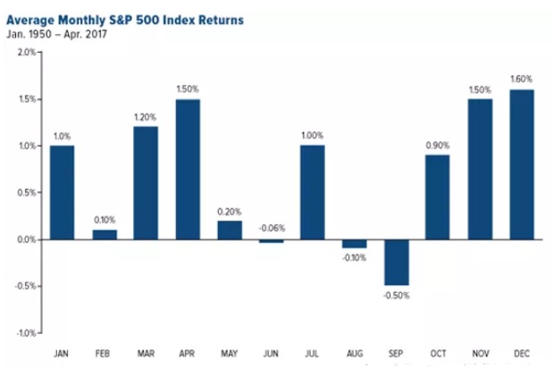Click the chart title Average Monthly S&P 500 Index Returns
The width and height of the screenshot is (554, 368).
pos(125,21)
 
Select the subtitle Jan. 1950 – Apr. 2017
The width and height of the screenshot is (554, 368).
pos(56,35)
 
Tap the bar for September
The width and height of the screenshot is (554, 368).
pos(397,263)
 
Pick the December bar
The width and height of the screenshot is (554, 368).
pos(522,165)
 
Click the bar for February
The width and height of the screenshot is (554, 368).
pos(105,235)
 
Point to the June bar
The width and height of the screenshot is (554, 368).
pos(272,241)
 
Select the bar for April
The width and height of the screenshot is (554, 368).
pos(188,170)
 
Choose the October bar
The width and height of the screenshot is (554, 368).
pos(438,197)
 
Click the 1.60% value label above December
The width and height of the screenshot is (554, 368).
pos(522,79)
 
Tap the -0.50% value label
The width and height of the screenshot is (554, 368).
pos(397,296)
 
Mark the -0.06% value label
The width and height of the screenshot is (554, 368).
pos(272,228)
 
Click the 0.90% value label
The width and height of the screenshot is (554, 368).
pos(438,146)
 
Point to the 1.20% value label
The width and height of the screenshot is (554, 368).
pos(146,117)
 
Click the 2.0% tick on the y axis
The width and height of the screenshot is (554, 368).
pos(27,53)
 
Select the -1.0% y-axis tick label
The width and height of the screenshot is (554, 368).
pos(25,333)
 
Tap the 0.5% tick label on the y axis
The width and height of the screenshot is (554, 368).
pos(27,193)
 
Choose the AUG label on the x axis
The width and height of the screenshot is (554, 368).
pos(355,354)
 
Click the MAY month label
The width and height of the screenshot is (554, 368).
pos(230,354)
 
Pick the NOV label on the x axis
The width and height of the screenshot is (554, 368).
pos(481,354)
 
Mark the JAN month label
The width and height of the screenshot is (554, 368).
pos(61,354)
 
